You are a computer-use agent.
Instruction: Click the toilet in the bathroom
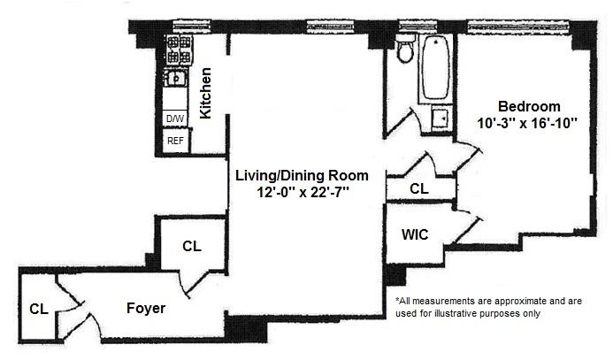406,49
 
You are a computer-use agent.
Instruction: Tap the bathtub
435,68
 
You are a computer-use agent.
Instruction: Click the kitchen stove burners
179,50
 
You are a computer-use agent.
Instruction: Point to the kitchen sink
175,78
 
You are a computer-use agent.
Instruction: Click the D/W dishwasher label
175,119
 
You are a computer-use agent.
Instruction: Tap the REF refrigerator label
175,141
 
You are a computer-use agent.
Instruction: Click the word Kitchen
205,93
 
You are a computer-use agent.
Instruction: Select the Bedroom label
529,106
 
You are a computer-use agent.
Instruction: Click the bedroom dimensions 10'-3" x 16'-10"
527,123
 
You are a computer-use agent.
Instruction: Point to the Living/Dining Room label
302,175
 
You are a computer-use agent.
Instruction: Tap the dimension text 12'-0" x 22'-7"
303,192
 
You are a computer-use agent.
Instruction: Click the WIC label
415,234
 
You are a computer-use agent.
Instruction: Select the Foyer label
146,309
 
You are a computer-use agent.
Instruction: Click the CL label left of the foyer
39,310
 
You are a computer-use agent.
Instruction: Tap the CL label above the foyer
192,246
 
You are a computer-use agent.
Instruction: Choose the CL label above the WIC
419,188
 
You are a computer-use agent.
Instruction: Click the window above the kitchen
192,27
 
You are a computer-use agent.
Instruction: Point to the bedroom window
518,27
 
